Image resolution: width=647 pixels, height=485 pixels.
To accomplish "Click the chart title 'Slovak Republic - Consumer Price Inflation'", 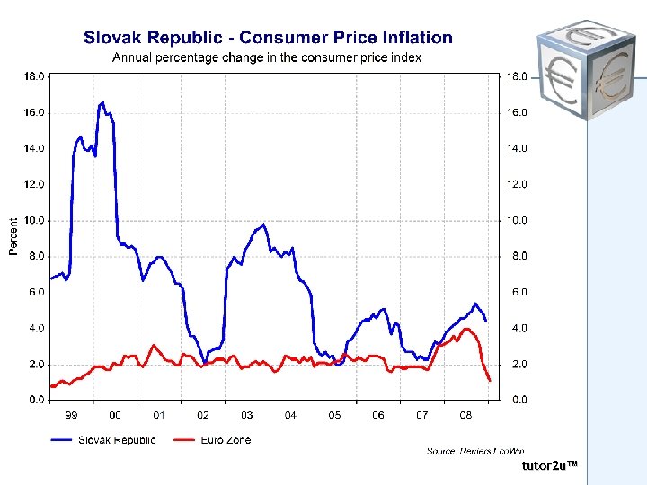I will coord(268,38).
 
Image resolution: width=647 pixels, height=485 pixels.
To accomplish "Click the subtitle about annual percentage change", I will coord(266,57).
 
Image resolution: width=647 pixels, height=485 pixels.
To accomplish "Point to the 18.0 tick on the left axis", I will coord(34,77).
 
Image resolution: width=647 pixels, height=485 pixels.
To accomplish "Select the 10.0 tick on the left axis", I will coord(34,221).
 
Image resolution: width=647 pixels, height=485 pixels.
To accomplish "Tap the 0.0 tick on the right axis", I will coord(519,401).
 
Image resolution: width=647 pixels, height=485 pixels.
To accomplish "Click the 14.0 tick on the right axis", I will coord(519,149).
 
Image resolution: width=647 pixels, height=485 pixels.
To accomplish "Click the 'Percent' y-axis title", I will coord(13,236).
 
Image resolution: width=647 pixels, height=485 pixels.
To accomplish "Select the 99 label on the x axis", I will coord(71,416).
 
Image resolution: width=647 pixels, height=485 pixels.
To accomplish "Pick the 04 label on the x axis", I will coord(290,416).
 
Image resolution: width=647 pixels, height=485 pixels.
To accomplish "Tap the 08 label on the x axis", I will coord(465,416).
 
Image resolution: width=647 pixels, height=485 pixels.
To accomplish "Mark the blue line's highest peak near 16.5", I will coord(102,102).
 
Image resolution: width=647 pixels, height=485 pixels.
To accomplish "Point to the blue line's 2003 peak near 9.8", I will coord(263,225).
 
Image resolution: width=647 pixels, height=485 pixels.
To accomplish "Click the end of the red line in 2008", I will coord(490,381).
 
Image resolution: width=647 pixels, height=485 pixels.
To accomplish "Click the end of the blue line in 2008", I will coord(486,321).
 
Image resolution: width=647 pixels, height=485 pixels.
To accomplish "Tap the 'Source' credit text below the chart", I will coord(475,451).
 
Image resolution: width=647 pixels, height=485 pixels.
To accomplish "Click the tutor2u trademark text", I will coord(549,466).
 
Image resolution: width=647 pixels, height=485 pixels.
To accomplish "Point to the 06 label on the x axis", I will coord(378,416).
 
